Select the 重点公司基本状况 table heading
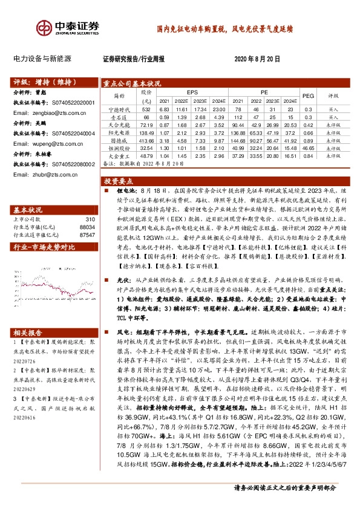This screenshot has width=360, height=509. (x=133, y=83)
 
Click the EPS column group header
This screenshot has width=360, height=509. (x=192, y=92)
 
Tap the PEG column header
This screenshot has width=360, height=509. (x=308, y=96)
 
